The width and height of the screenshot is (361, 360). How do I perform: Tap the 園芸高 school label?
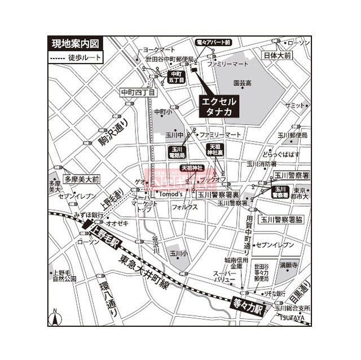point(243,83)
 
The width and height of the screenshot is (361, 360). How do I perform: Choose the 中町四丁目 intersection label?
point(137,91)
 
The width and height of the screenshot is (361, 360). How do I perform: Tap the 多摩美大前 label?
point(81,179)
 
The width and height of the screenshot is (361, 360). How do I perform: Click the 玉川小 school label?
point(178,254)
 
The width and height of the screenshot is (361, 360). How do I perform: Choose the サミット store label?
point(294,106)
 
